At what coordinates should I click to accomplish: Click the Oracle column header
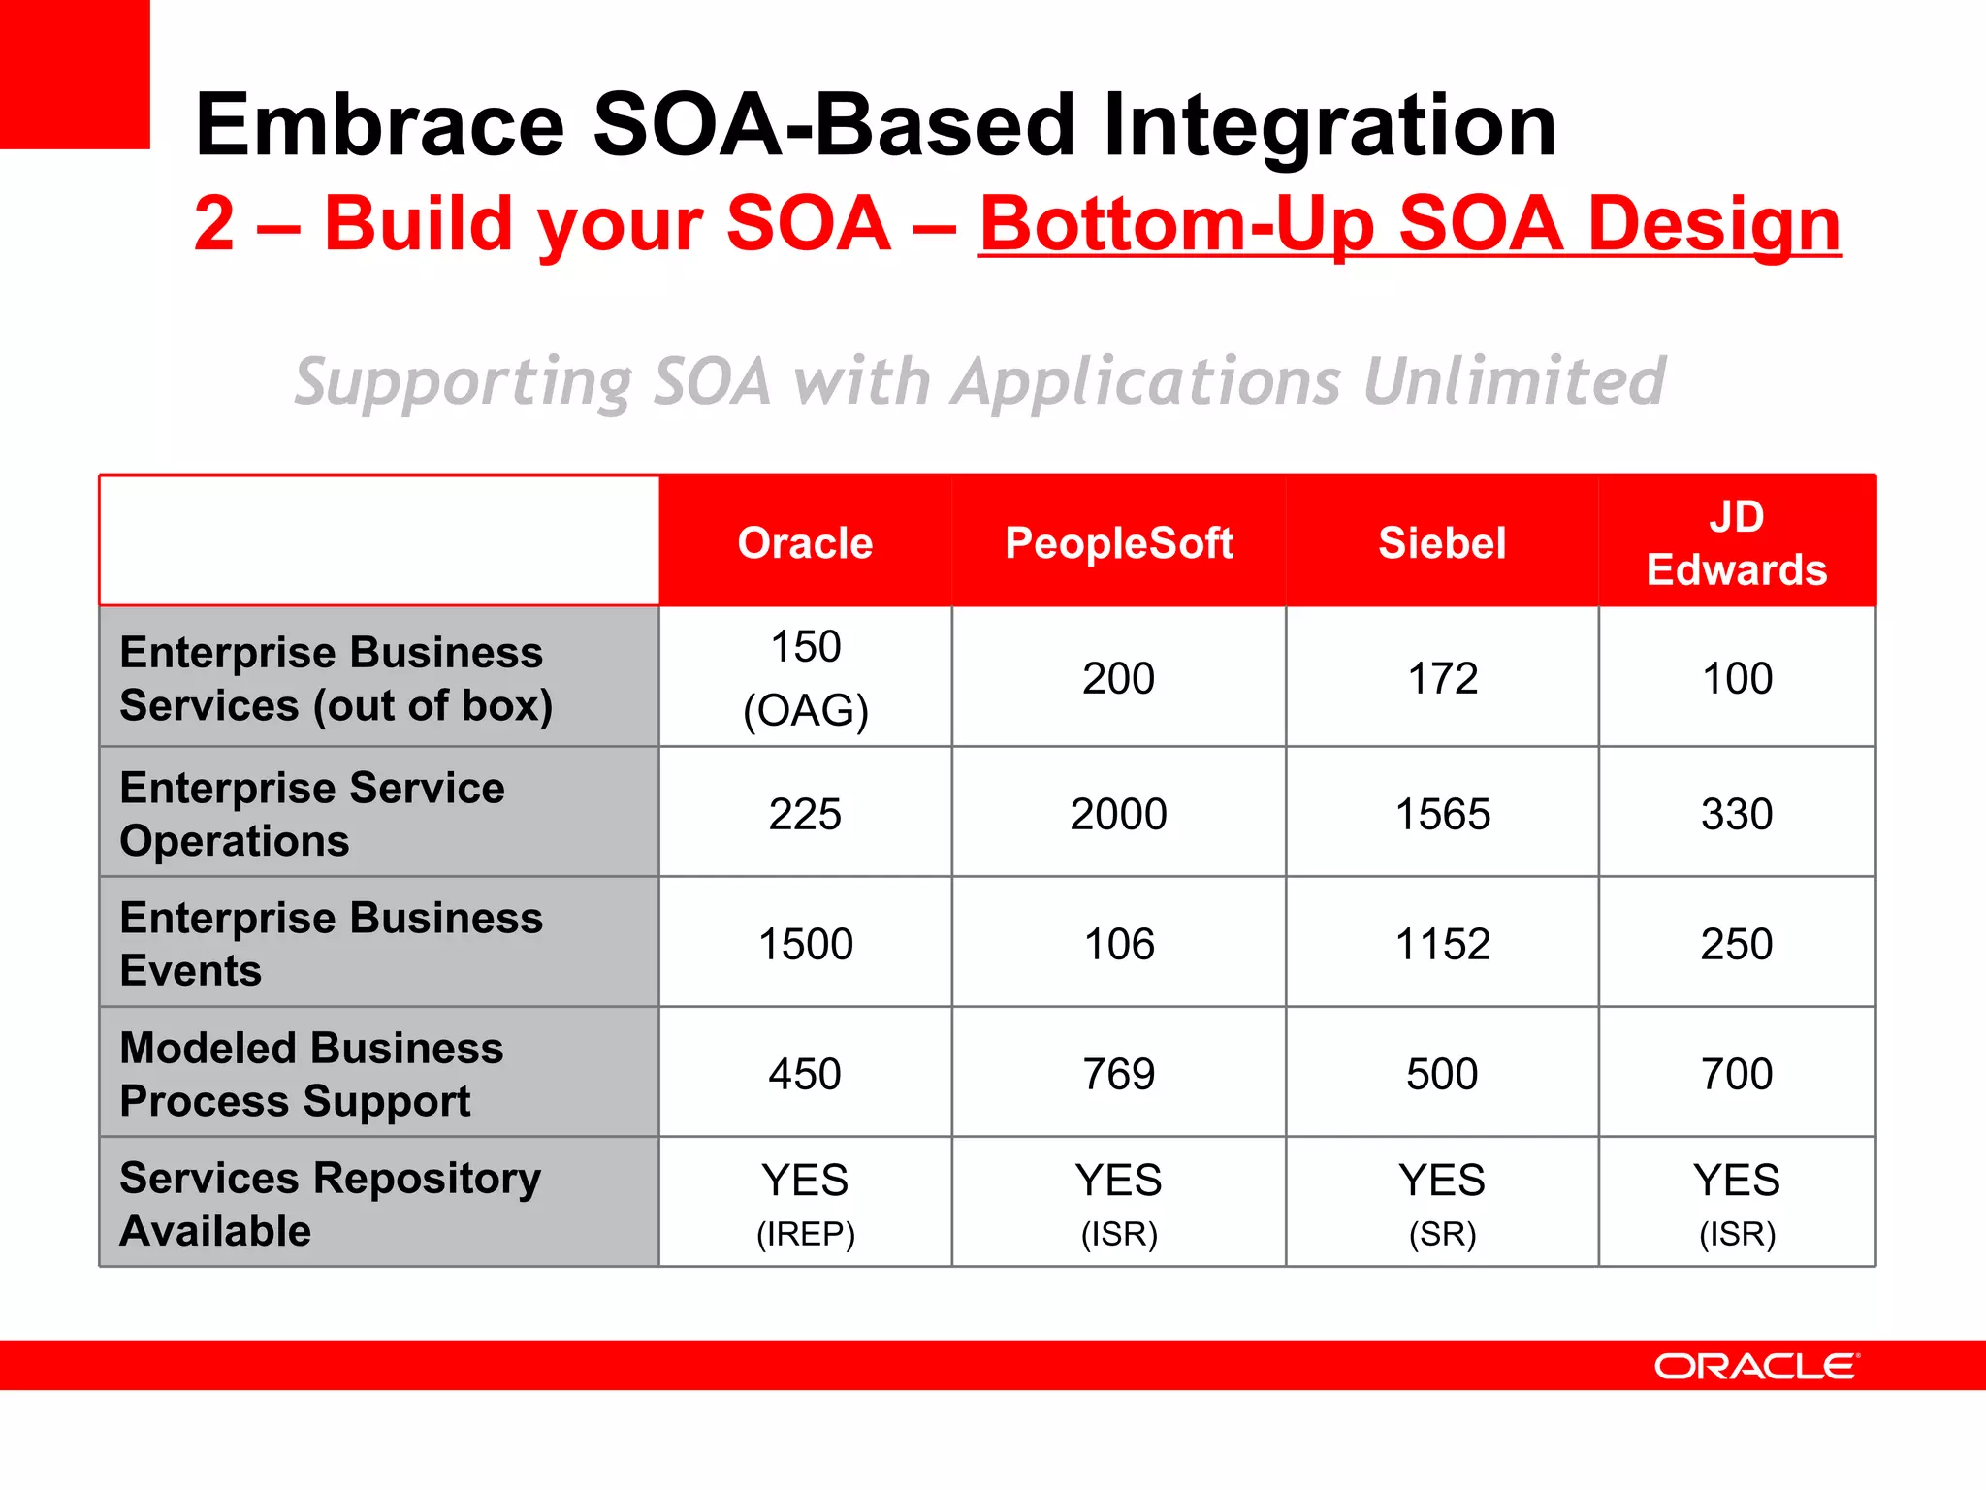pyautogui.click(x=805, y=542)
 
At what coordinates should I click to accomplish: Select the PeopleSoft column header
pyautogui.click(x=1118, y=542)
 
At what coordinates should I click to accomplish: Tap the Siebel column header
pyautogui.click(x=1442, y=542)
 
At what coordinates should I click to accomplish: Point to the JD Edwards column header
pyautogui.click(x=1736, y=542)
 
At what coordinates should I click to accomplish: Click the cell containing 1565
pyautogui.click(x=1442, y=814)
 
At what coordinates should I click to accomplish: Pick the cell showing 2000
pyautogui.click(x=1118, y=814)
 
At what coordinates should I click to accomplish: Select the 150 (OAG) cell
pyautogui.click(x=805, y=677)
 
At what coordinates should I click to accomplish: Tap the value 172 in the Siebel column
pyautogui.click(x=1442, y=678)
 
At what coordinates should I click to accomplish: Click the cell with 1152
pyautogui.click(x=1442, y=944)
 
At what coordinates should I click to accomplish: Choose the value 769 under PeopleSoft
pyautogui.click(x=1118, y=1074)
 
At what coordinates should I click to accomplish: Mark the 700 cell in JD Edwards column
pyautogui.click(x=1736, y=1074)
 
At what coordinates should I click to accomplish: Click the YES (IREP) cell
pyautogui.click(x=805, y=1203)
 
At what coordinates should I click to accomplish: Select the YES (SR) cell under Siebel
pyautogui.click(x=1442, y=1203)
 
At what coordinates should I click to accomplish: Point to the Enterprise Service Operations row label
pyautogui.click(x=312, y=814)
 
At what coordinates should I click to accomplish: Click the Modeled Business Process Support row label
pyautogui.click(x=312, y=1074)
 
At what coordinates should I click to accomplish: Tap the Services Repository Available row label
pyautogui.click(x=330, y=1203)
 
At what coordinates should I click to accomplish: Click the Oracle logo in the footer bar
pyautogui.click(x=1756, y=1366)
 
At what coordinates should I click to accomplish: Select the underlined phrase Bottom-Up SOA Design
pyautogui.click(x=1409, y=224)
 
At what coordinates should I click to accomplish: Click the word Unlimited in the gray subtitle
pyautogui.click(x=1514, y=380)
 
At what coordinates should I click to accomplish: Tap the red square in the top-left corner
pyautogui.click(x=75, y=74)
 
